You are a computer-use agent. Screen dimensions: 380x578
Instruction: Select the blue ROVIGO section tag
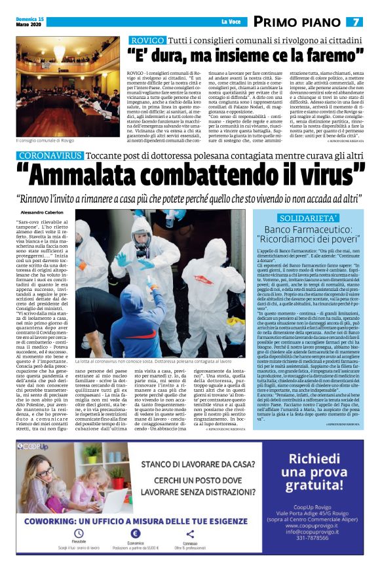[x=149, y=41]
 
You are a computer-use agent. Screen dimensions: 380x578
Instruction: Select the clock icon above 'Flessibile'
[x=79, y=534]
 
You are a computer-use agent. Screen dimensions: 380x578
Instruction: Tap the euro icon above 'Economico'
[x=134, y=534]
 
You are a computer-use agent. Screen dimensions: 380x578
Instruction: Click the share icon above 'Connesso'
[x=190, y=534]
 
